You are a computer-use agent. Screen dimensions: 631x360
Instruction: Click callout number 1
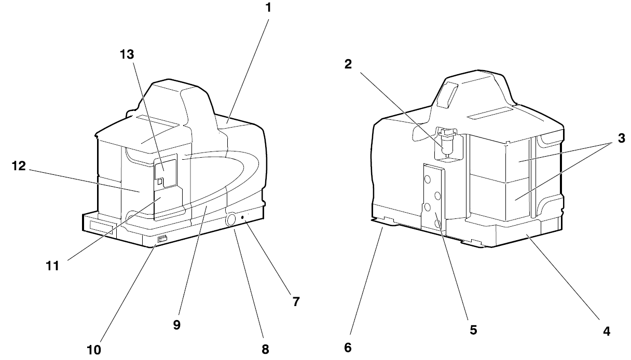click(x=268, y=8)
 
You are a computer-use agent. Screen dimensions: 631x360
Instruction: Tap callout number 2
click(x=348, y=64)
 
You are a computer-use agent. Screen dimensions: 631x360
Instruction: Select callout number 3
click(x=621, y=139)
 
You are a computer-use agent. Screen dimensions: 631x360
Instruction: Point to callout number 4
click(x=607, y=331)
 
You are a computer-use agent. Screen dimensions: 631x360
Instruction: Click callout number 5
click(x=473, y=330)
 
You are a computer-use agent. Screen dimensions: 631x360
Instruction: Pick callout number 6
click(x=348, y=348)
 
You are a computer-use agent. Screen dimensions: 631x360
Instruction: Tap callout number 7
click(x=296, y=301)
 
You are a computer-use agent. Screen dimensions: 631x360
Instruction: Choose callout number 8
click(x=265, y=349)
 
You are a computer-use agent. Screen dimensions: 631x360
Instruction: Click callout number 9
click(x=176, y=325)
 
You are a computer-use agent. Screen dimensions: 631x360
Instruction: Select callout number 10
click(x=94, y=350)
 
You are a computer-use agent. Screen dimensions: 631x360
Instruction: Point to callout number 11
click(x=53, y=266)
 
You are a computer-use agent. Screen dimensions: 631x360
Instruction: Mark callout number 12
click(x=19, y=165)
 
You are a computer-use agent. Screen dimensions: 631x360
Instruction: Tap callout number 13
click(x=127, y=54)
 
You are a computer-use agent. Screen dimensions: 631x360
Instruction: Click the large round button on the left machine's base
click(x=231, y=219)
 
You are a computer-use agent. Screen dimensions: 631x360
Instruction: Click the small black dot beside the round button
click(x=242, y=217)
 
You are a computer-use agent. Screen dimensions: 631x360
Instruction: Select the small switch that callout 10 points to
click(x=162, y=239)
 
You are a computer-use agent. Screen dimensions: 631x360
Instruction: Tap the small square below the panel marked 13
click(x=159, y=182)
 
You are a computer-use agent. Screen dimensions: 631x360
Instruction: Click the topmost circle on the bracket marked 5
click(x=428, y=179)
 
